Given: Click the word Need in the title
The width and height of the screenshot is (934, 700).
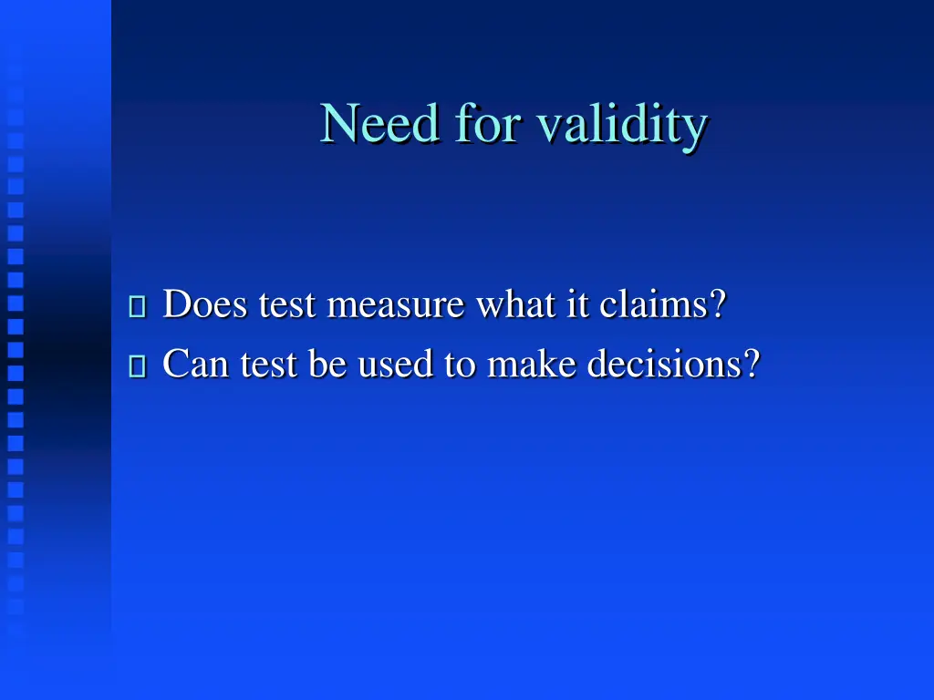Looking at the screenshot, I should (379, 123).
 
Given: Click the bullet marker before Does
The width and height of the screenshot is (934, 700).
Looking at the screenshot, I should (138, 306).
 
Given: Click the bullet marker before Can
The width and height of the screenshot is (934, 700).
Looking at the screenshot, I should (138, 366).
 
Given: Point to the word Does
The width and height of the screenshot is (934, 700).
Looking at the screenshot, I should (205, 304).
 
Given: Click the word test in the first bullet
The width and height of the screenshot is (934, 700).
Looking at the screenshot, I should (287, 304).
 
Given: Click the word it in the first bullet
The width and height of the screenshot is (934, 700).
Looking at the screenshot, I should (578, 304).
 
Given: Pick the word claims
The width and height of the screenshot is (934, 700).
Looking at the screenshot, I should (653, 304).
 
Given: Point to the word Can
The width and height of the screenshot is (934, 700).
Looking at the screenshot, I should (196, 365).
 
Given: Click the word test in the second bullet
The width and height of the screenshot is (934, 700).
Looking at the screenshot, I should (268, 365).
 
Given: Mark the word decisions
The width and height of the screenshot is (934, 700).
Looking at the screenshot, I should (665, 365).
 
